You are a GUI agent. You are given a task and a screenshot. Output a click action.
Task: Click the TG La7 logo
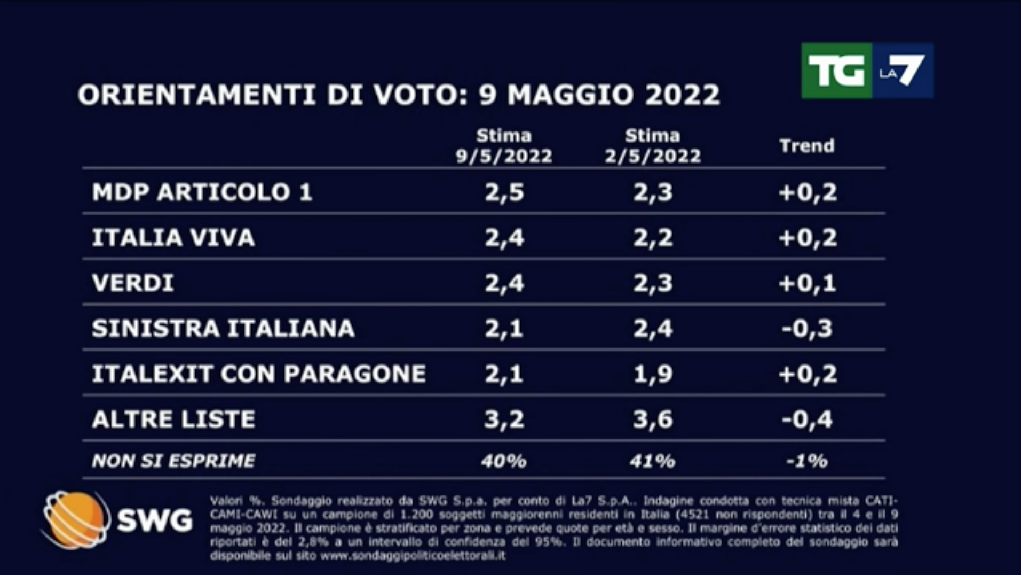pyautogui.click(x=867, y=71)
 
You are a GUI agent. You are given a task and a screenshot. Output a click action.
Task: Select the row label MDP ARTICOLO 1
pyautogui.click(x=202, y=192)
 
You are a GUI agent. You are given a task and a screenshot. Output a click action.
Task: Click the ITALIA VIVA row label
pyautogui.click(x=173, y=237)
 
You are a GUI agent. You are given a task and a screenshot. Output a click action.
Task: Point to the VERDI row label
pyautogui.click(x=133, y=283)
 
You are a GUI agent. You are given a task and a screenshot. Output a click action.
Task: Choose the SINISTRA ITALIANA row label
pyautogui.click(x=223, y=328)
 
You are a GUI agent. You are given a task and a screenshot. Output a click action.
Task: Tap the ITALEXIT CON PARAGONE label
pyautogui.click(x=259, y=374)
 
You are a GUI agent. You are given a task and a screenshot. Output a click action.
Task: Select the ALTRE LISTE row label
pyautogui.click(x=173, y=419)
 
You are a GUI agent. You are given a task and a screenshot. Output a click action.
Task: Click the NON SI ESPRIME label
pyautogui.click(x=173, y=460)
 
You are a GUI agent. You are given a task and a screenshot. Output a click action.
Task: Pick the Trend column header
pyautogui.click(x=806, y=145)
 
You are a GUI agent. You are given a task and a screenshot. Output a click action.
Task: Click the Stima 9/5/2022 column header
pyautogui.click(x=504, y=146)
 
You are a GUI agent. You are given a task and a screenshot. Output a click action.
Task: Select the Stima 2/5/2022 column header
pyautogui.click(x=652, y=146)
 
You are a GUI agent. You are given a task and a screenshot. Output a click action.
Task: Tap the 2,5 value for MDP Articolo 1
pyautogui.click(x=504, y=192)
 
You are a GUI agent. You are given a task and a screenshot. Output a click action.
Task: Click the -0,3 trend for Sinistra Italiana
pyautogui.click(x=806, y=328)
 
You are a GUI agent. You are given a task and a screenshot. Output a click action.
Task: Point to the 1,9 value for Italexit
pyautogui.click(x=652, y=374)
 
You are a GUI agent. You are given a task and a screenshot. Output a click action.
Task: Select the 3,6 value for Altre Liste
pyautogui.click(x=652, y=419)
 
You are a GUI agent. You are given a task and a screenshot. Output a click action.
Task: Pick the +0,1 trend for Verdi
pyautogui.click(x=806, y=283)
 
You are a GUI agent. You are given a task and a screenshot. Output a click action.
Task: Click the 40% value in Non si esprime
pyautogui.click(x=504, y=460)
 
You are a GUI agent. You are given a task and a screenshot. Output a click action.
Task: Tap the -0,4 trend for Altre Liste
pyautogui.click(x=806, y=419)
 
